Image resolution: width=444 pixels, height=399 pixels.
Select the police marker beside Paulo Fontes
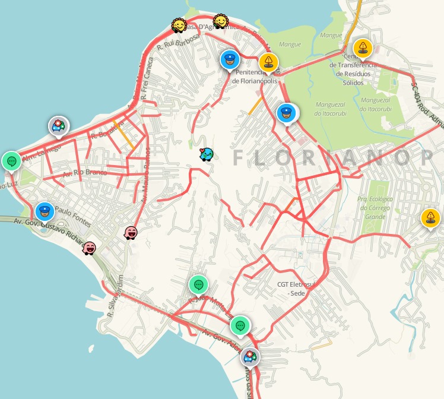point(44,211)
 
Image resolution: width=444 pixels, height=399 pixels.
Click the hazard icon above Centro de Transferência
point(362,47)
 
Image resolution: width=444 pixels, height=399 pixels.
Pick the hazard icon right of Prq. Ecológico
point(430,217)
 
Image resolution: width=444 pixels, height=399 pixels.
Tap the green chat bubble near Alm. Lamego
point(11,160)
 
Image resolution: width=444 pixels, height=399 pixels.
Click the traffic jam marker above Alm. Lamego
point(58,125)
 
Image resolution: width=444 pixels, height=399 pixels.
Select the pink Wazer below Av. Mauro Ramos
point(131,233)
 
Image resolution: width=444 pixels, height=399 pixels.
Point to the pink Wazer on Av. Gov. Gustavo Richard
point(89,248)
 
